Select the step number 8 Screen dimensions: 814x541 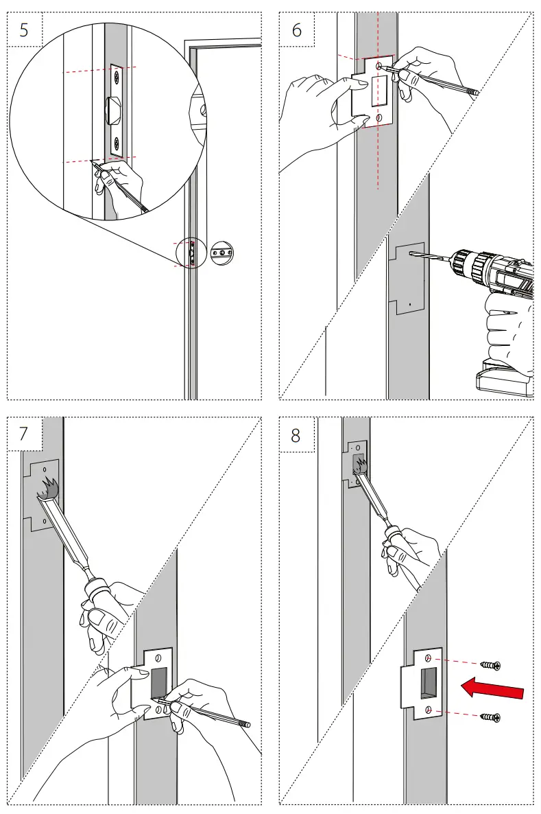click(296, 434)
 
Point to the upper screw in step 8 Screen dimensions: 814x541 click(491, 665)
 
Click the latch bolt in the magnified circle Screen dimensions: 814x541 click(112, 109)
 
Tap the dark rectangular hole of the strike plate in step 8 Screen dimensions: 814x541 click(430, 680)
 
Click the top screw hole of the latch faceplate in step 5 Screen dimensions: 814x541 click(116, 76)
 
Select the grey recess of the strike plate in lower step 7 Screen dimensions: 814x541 click(158, 681)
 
